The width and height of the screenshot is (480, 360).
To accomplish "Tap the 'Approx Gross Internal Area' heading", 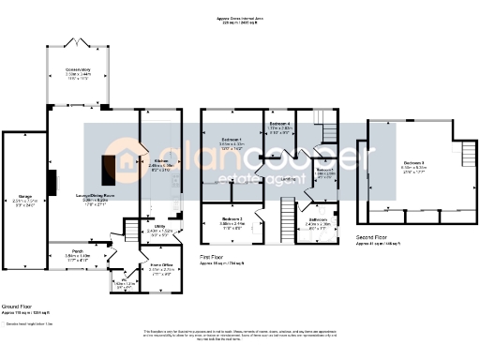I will [x=240, y=18].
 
